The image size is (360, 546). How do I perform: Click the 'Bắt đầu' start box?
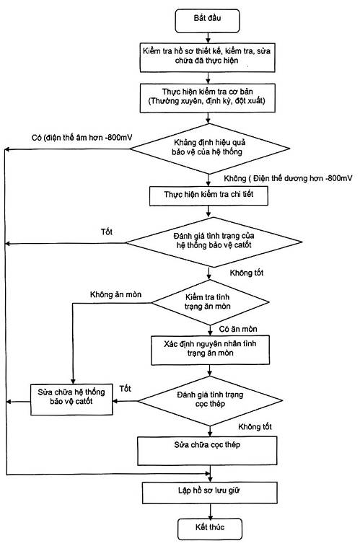(x=208, y=20)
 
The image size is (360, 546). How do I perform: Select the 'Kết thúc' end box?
(x=210, y=529)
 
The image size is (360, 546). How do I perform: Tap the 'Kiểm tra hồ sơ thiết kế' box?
(x=207, y=57)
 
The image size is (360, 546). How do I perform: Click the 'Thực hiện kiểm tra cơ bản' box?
(x=208, y=98)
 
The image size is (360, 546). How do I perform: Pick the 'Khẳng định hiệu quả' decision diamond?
(x=210, y=149)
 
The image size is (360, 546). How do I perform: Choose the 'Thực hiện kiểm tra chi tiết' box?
(x=208, y=195)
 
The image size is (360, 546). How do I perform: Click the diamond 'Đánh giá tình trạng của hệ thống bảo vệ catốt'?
(x=214, y=242)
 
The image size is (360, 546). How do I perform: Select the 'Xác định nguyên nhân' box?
(x=210, y=350)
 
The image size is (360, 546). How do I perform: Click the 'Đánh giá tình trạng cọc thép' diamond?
(x=210, y=401)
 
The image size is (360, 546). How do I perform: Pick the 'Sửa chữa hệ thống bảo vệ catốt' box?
(x=71, y=400)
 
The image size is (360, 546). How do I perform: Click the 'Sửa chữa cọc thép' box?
(x=207, y=451)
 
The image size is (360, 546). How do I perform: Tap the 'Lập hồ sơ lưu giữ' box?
(x=210, y=493)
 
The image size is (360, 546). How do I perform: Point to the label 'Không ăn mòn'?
(x=115, y=295)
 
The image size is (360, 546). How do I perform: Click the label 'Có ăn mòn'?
(x=238, y=329)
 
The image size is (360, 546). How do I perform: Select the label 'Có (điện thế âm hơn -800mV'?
(x=82, y=138)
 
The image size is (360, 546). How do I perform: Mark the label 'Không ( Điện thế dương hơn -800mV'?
(x=288, y=178)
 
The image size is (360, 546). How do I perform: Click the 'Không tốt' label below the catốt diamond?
(x=247, y=273)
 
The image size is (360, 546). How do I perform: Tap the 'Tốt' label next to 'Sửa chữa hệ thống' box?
(x=125, y=388)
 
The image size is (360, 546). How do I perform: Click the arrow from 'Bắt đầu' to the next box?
(x=208, y=38)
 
